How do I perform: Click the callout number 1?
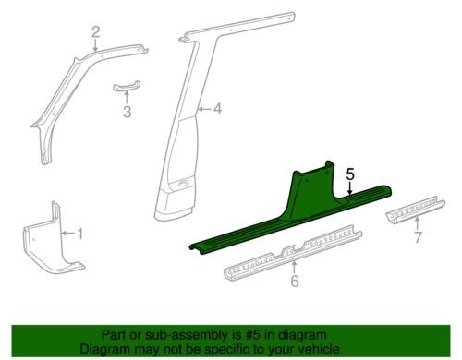coord(79,234)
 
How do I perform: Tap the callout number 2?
coord(96,32)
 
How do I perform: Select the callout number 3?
coord(127,112)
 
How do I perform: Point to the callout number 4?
coord(217,109)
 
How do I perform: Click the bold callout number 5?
coord(350,174)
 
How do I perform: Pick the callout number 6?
coord(295,281)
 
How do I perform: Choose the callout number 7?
coord(418,237)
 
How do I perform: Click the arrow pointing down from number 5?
coord(350,188)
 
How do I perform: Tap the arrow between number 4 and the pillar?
coord(204,109)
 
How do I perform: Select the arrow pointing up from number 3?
coord(127,97)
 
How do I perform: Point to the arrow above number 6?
coord(295,267)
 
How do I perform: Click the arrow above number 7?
coord(418,223)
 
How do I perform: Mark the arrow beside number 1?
coord(67,234)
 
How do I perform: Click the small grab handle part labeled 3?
coord(126,86)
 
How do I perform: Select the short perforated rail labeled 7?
coord(415,210)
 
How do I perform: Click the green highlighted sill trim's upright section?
coord(311,191)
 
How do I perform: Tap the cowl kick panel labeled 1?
coord(53,240)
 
